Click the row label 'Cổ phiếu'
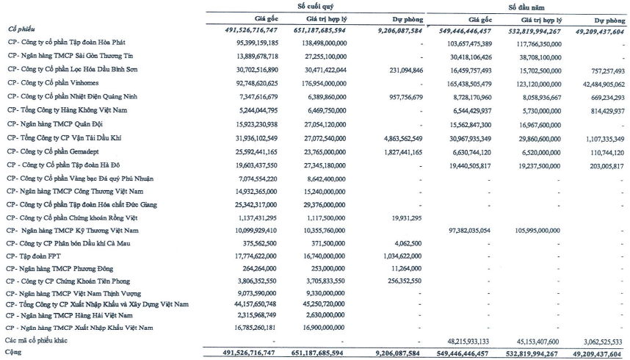tap(21, 29)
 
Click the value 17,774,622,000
tap(249, 256)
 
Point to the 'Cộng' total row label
tap(13, 353)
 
